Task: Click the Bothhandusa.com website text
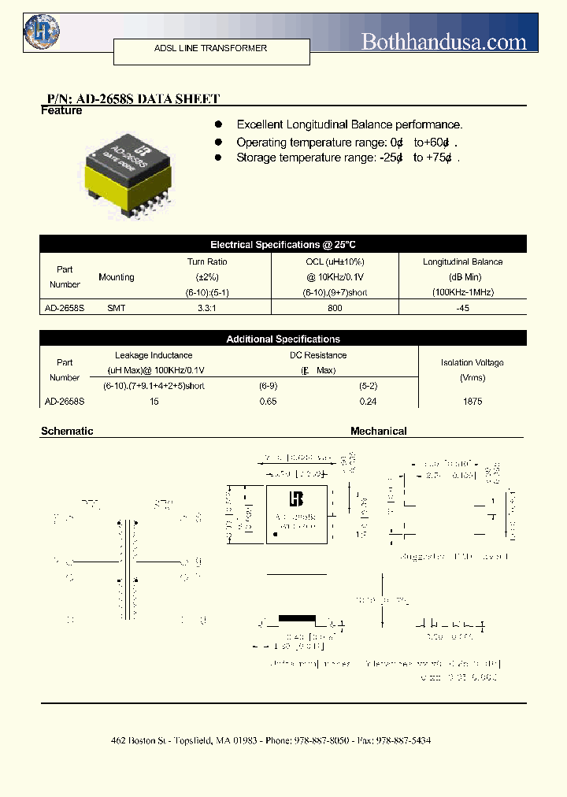point(443,42)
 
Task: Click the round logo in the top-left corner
point(42,32)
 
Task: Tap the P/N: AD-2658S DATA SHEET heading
point(133,98)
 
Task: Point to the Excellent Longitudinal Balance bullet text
point(349,124)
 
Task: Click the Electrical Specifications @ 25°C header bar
point(283,245)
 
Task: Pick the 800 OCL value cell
point(335,308)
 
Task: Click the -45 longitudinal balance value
point(462,308)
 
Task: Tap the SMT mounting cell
point(116,308)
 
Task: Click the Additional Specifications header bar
point(283,339)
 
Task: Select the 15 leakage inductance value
point(154,401)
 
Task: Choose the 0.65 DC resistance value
point(269,401)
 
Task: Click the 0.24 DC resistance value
point(368,401)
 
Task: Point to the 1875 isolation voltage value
point(472,401)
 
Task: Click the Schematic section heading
point(67,431)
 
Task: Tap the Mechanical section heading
point(378,431)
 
